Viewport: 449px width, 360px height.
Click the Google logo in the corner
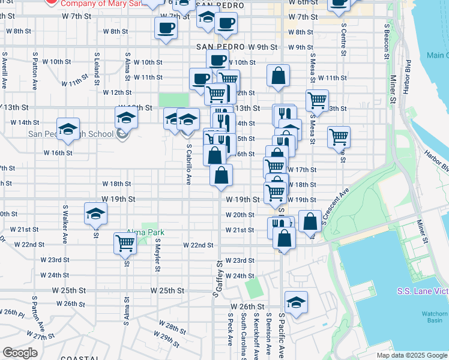(x=20, y=353)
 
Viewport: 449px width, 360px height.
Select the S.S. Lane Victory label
(x=423, y=291)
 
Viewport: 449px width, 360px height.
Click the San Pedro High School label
(x=72, y=133)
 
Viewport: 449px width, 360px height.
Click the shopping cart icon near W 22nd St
(x=125, y=242)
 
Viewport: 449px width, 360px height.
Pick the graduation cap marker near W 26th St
(x=296, y=302)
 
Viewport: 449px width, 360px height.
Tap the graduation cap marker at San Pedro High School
(x=68, y=128)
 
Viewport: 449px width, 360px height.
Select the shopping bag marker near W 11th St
(x=278, y=76)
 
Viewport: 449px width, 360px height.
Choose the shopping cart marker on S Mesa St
(x=317, y=100)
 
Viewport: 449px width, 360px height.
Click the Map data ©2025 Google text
(x=412, y=355)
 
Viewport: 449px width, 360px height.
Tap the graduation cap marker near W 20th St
(x=95, y=214)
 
